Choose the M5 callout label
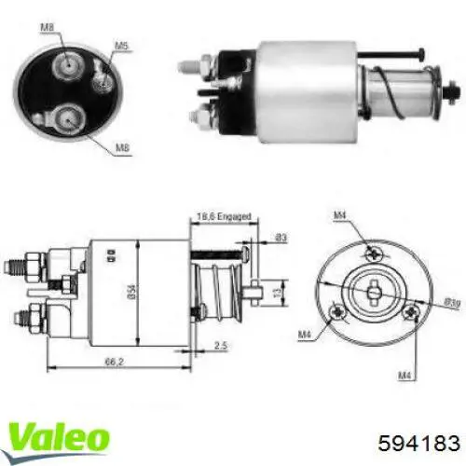pos(121,45)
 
